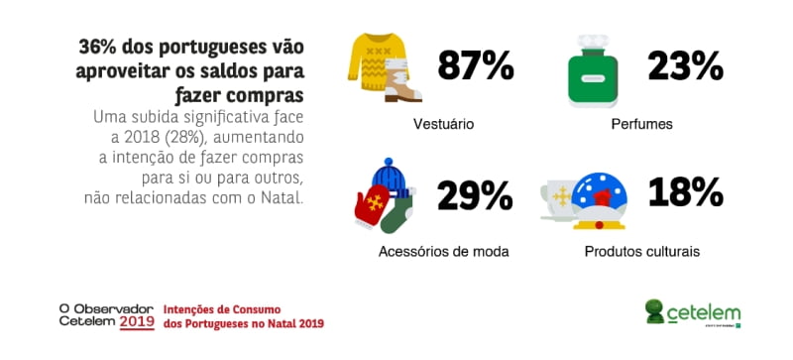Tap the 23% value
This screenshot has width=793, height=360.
686,66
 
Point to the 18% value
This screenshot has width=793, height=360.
683,192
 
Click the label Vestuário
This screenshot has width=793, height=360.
443,125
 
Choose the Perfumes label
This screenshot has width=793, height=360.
641,125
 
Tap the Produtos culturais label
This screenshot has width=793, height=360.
641,251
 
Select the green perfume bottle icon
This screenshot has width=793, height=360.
594,75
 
